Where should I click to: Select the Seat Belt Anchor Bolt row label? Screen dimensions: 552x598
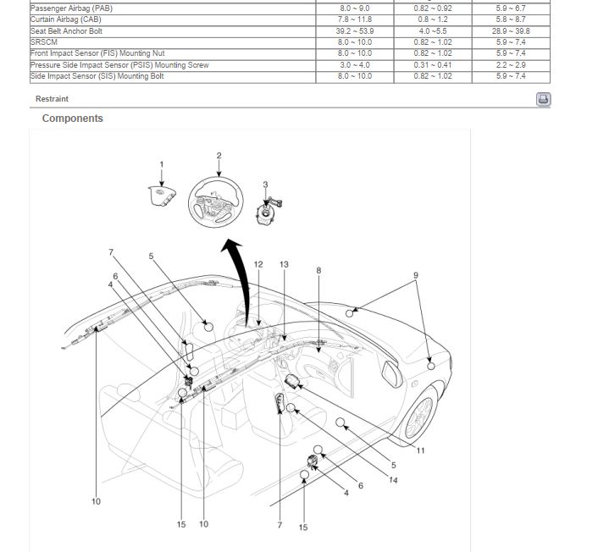pos(66,30)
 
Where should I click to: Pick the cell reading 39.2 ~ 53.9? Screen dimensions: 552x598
pos(354,30)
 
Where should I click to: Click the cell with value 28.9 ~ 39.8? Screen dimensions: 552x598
pos(510,30)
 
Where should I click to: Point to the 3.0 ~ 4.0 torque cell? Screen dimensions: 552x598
pos(354,65)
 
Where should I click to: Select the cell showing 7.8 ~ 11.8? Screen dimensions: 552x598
pos(354,19)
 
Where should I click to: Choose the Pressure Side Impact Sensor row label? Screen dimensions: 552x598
pos(119,65)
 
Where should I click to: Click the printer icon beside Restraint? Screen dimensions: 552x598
pos(543,99)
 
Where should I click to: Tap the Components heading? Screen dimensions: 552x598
pos(72,119)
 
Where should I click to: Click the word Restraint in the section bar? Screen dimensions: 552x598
pos(52,99)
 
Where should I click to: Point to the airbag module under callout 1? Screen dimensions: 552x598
pos(161,198)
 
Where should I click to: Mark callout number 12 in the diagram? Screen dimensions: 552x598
pos(258,265)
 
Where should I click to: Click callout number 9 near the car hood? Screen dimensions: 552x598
pos(415,275)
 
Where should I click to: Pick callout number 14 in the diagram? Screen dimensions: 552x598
pos(393,480)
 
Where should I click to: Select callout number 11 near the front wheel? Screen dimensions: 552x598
pos(420,450)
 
